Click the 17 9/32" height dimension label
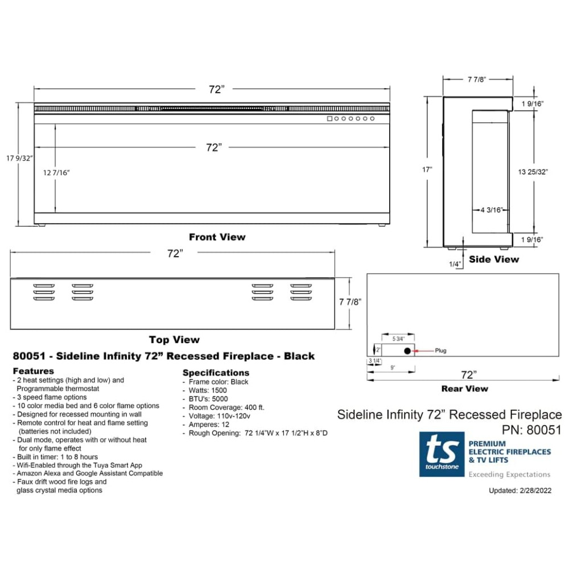(19, 158)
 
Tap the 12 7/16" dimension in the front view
(56, 173)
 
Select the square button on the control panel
(329, 119)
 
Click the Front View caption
(217, 237)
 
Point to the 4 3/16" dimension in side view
(492, 210)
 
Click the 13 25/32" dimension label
(533, 172)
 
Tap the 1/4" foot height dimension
(455, 264)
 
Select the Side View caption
(494, 259)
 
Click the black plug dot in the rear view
(407, 351)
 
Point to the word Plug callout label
(440, 351)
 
